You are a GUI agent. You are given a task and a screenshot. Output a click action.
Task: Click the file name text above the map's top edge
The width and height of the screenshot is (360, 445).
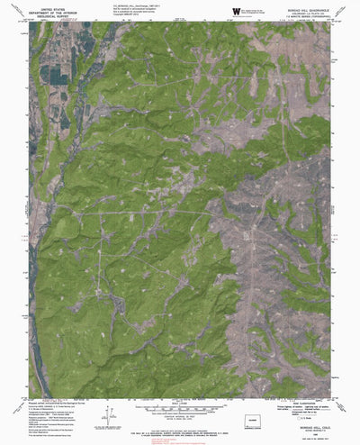[x=127, y=6]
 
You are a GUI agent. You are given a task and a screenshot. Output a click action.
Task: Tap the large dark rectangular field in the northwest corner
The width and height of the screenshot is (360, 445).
[x=52, y=76]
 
